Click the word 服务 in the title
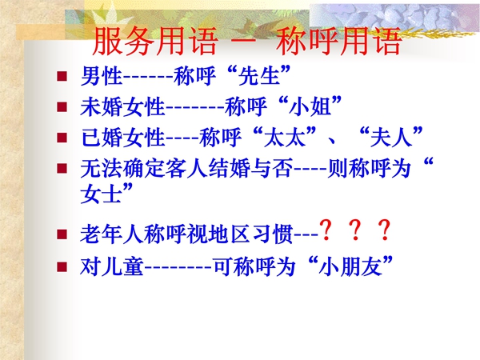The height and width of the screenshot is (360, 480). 124,41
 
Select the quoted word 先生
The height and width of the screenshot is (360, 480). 259,76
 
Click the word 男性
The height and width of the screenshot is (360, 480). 102,76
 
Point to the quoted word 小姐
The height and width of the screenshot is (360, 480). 310,106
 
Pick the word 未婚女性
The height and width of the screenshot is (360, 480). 122,106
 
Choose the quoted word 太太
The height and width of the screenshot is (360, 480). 285,137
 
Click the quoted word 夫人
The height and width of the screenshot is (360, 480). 391,137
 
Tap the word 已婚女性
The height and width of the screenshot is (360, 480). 122,137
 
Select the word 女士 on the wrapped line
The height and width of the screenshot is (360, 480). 102,194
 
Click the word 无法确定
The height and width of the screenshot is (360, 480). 122,168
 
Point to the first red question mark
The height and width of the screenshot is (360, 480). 326,230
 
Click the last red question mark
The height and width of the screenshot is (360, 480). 384,230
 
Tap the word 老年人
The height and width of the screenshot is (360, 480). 112,234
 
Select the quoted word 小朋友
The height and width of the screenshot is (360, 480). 351,266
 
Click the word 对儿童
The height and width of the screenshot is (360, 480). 112,266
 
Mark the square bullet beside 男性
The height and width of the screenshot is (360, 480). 62,76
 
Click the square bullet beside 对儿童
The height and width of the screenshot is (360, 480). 62,266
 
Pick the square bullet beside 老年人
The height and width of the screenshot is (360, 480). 62,234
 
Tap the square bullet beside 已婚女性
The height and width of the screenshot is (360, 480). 62,138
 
